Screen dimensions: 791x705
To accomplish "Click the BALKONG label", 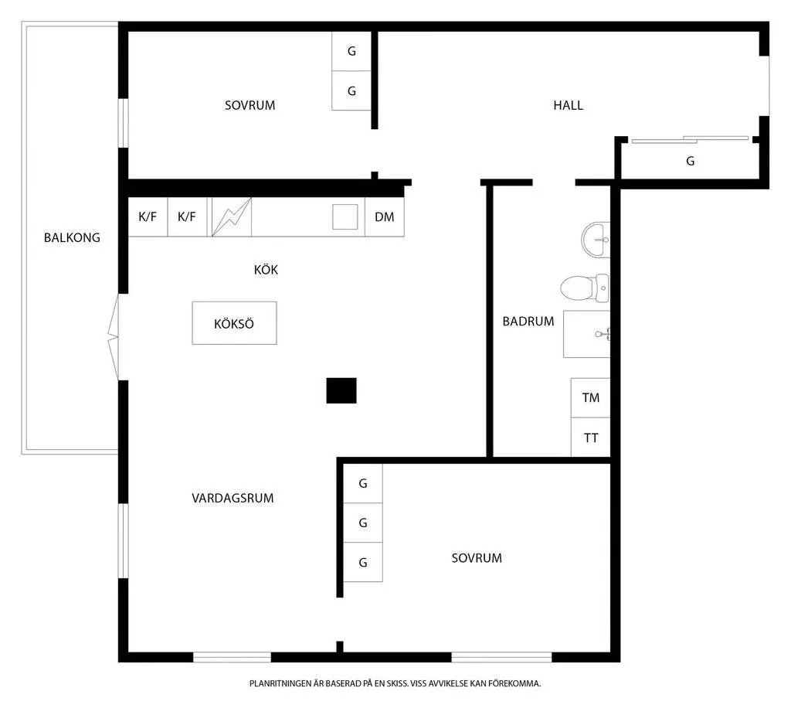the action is (72, 237).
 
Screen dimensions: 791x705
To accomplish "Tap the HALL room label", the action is (568, 106).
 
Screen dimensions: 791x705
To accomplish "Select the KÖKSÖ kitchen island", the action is (234, 323).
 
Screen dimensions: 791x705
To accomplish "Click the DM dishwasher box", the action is (385, 216).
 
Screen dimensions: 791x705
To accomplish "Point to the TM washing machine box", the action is (590, 397).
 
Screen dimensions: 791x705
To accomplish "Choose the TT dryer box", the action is (590, 438).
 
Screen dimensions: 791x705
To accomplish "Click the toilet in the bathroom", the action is (586, 288).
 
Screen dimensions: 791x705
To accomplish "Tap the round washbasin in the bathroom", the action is (596, 240).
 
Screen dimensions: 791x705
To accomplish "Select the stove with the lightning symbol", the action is (232, 216).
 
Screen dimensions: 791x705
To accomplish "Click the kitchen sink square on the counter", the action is (345, 216).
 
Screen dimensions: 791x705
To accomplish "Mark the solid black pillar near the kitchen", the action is (341, 390).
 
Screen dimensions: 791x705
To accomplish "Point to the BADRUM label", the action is (528, 321).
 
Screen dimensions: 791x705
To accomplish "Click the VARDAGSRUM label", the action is (233, 498).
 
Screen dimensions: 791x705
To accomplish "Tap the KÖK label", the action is (266, 270).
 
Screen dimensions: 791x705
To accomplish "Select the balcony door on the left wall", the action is (114, 337).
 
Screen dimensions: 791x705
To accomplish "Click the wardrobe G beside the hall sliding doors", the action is (690, 161).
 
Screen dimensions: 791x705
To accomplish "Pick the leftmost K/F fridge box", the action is (148, 216).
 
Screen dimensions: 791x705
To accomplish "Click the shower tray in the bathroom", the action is (587, 334).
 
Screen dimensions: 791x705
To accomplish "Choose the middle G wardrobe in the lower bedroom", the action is (363, 523).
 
